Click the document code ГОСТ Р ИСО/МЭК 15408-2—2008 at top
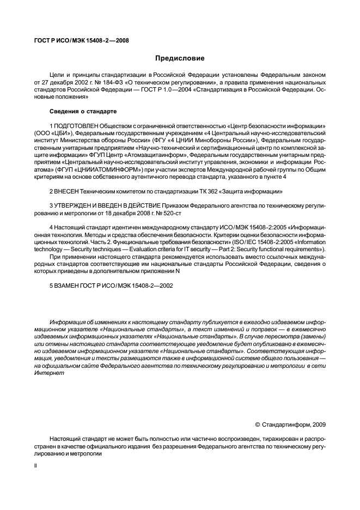[x=78, y=40]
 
